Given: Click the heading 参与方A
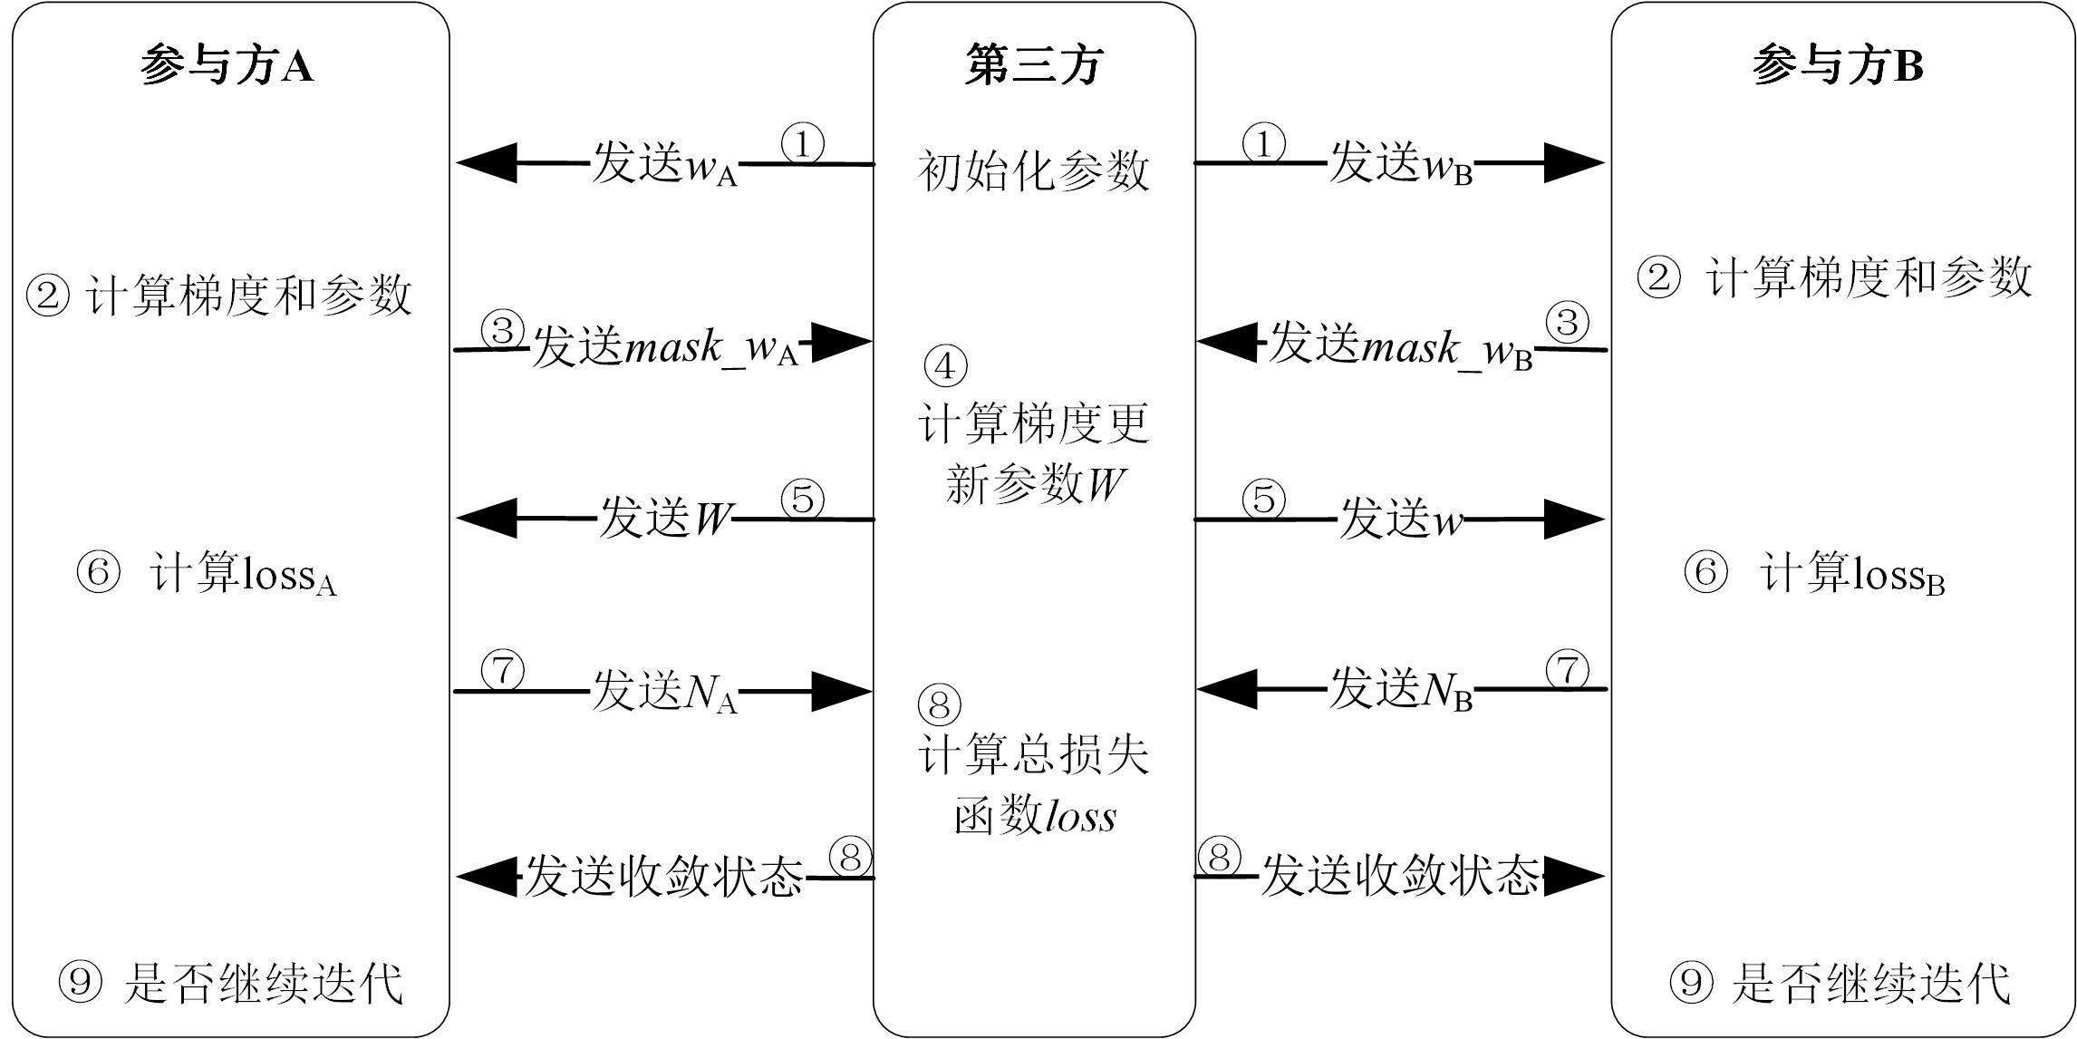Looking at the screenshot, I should point(227,65).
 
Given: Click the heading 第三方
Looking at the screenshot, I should point(1034,65).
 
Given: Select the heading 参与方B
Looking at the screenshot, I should point(1837,65).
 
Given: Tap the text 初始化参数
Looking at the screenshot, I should point(1034,170).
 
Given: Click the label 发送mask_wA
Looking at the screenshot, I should point(664,347).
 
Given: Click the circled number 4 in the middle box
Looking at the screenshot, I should point(944,366).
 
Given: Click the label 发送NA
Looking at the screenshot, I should point(664,692).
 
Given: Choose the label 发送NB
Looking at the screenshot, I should point(1401,690).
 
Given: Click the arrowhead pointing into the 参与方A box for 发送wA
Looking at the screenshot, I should point(486,163).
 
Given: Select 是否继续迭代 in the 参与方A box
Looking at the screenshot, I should point(263,984).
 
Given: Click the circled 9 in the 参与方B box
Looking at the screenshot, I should point(1691,984).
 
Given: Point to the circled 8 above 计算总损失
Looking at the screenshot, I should point(940,704).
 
